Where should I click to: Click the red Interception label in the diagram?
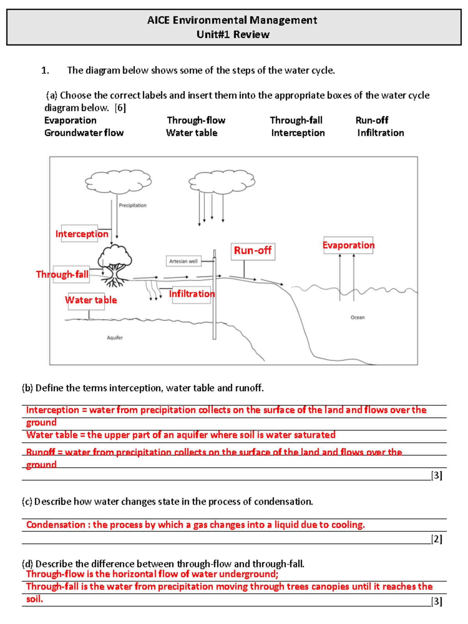point(82,234)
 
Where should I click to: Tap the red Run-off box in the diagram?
point(253,251)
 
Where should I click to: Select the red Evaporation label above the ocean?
point(348,245)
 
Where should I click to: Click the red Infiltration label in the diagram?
point(191,294)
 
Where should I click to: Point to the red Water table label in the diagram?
point(90,300)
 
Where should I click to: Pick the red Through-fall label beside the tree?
point(62,275)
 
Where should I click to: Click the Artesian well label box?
point(183,261)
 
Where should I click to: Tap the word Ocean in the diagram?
point(357,317)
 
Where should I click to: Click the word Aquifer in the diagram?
point(115,338)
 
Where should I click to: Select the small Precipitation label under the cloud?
point(133,206)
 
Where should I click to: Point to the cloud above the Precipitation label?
point(118,181)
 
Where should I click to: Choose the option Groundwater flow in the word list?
point(84,133)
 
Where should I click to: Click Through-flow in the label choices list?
point(196,121)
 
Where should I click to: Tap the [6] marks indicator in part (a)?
point(120,108)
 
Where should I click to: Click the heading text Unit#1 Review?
point(233,35)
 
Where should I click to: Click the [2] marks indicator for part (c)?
point(436,539)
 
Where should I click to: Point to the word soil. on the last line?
point(34,599)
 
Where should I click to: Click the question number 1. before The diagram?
point(45,71)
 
